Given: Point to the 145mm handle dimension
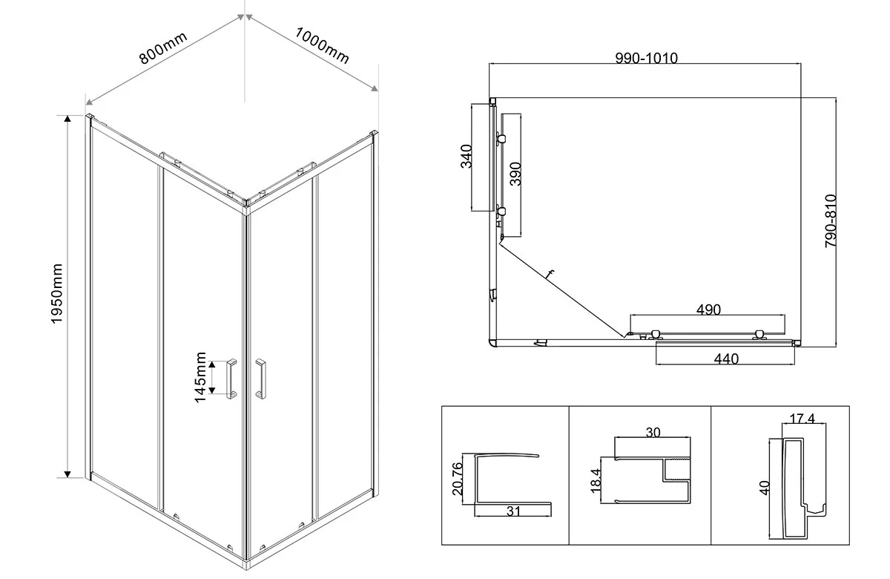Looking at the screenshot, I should (201, 378).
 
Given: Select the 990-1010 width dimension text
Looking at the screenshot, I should (646, 59).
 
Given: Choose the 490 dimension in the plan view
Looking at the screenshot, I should (708, 310).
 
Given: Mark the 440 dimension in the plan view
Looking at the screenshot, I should (725, 359).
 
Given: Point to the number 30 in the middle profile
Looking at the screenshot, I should (653, 434).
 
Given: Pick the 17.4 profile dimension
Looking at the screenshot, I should (802, 420).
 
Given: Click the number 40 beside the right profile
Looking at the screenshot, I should (765, 488).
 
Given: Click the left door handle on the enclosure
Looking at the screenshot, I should (231, 379).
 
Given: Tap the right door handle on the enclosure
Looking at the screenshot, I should (260, 378).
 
